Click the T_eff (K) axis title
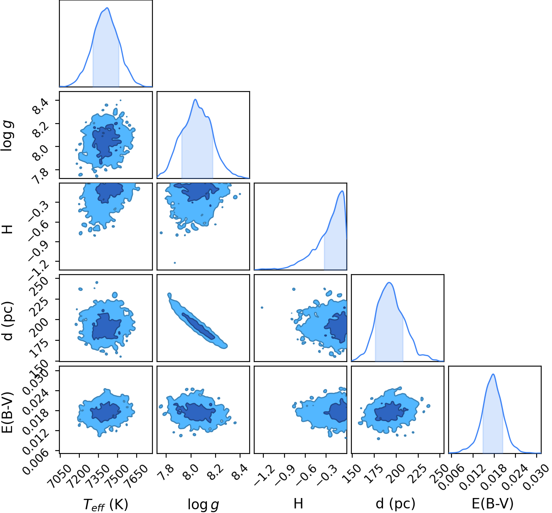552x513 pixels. coord(105,504)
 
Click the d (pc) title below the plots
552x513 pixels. coord(395,504)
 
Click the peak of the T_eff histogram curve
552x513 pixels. coord(107,8)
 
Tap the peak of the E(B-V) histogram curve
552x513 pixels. coord(493,374)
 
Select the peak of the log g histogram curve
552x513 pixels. coord(195,99)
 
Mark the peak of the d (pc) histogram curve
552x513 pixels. coord(389,283)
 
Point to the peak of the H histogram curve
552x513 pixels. coord(342,191)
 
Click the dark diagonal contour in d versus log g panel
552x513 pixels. coord(199,326)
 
